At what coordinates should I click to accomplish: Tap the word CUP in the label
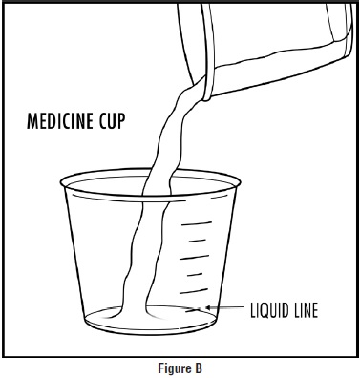112,121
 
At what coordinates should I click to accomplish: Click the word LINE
305,310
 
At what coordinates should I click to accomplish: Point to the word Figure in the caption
171,368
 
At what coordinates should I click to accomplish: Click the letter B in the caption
199,368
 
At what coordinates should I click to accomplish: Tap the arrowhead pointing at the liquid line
208,307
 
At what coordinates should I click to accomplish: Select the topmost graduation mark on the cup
197,223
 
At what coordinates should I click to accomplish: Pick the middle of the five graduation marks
195,257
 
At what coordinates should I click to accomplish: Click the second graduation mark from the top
198,241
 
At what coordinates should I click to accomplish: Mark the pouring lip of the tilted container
206,89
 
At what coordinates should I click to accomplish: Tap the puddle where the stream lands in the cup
134,313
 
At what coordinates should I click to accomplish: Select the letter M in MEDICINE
32,121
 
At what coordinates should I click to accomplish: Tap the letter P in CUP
121,121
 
